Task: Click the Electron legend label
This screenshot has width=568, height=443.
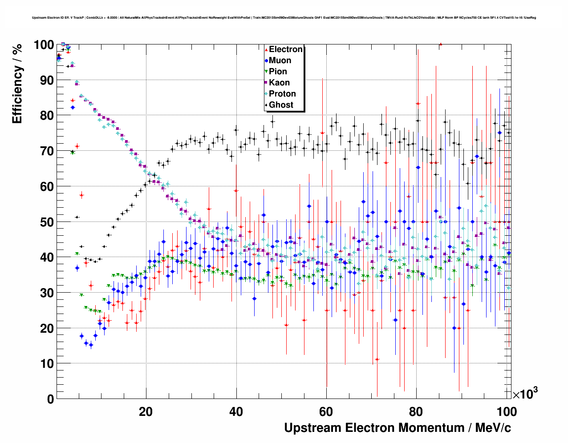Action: (x=286, y=49)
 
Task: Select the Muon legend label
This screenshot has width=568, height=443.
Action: (x=280, y=60)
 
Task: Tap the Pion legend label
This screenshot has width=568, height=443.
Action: (x=278, y=72)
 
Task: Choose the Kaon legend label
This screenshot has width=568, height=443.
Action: (x=279, y=83)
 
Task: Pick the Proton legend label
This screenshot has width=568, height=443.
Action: (x=282, y=94)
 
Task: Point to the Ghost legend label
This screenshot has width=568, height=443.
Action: (x=281, y=105)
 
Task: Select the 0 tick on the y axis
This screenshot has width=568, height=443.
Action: (x=50, y=399)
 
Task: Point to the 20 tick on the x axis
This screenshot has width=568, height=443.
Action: (x=146, y=412)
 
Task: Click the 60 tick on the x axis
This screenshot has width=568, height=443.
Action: (x=326, y=412)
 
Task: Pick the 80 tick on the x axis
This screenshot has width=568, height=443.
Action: (x=416, y=412)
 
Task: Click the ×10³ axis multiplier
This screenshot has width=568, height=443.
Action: (x=525, y=394)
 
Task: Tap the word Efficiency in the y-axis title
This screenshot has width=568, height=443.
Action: (x=17, y=95)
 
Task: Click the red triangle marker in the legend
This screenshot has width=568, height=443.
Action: (x=266, y=49)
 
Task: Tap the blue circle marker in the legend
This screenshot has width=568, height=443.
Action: (x=266, y=60)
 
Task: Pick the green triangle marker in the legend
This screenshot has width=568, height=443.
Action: (x=266, y=72)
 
